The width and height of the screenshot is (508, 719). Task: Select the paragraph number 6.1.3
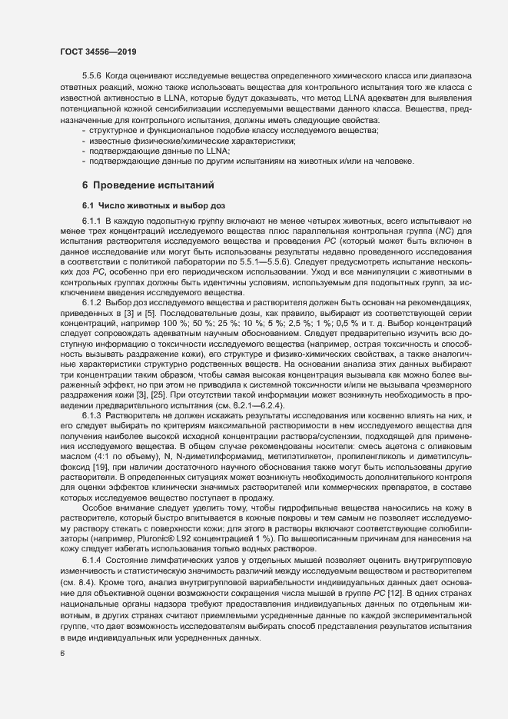click(93, 415)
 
